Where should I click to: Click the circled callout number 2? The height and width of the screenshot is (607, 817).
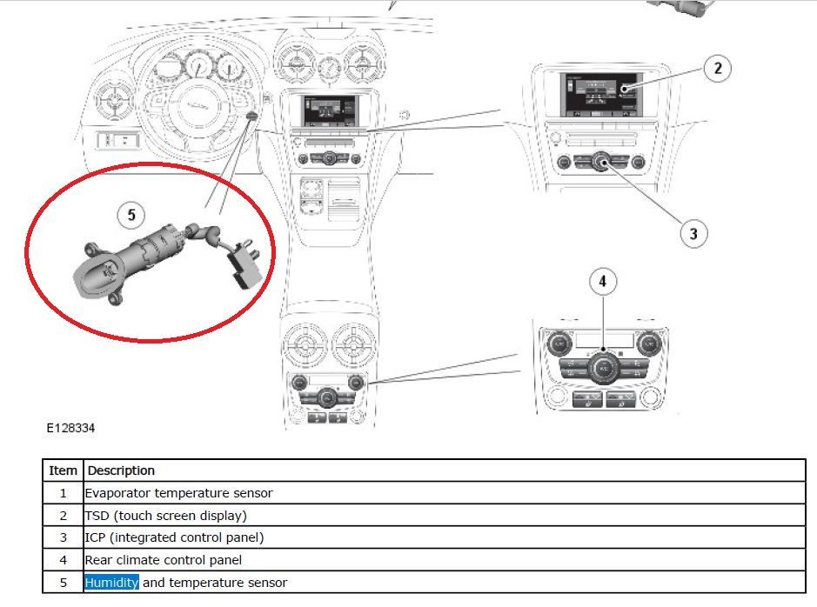[x=717, y=69]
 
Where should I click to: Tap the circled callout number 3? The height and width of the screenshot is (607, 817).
[x=693, y=233]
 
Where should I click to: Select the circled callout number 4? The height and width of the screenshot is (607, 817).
[x=602, y=282]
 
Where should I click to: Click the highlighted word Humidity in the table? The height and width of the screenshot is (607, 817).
[x=111, y=583]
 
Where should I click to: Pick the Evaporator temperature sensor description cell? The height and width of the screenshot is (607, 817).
[x=178, y=493]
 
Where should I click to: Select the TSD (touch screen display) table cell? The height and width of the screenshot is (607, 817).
[x=165, y=516]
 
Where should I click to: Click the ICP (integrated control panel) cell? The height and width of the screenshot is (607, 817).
[x=174, y=537]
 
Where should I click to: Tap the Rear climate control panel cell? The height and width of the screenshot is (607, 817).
[x=163, y=560]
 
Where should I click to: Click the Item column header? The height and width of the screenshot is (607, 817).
[x=63, y=470]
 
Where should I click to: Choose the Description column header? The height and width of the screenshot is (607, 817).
[x=121, y=470]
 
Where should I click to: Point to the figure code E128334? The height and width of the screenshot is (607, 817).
[x=70, y=429]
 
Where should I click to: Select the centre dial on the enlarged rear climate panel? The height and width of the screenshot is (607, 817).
[x=603, y=369]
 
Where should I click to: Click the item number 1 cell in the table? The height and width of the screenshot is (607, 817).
[x=63, y=493]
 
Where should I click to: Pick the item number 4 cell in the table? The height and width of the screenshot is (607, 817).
[x=63, y=560]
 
